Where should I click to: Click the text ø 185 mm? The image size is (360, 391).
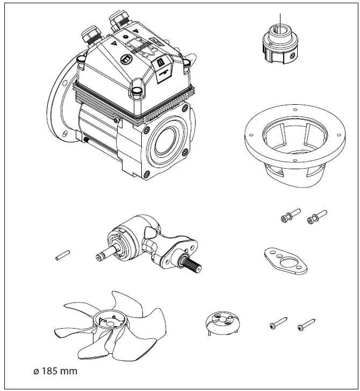[x=55, y=371]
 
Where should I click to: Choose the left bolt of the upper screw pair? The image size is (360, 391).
[x=287, y=217]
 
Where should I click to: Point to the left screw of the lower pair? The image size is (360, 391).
[x=278, y=323]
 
